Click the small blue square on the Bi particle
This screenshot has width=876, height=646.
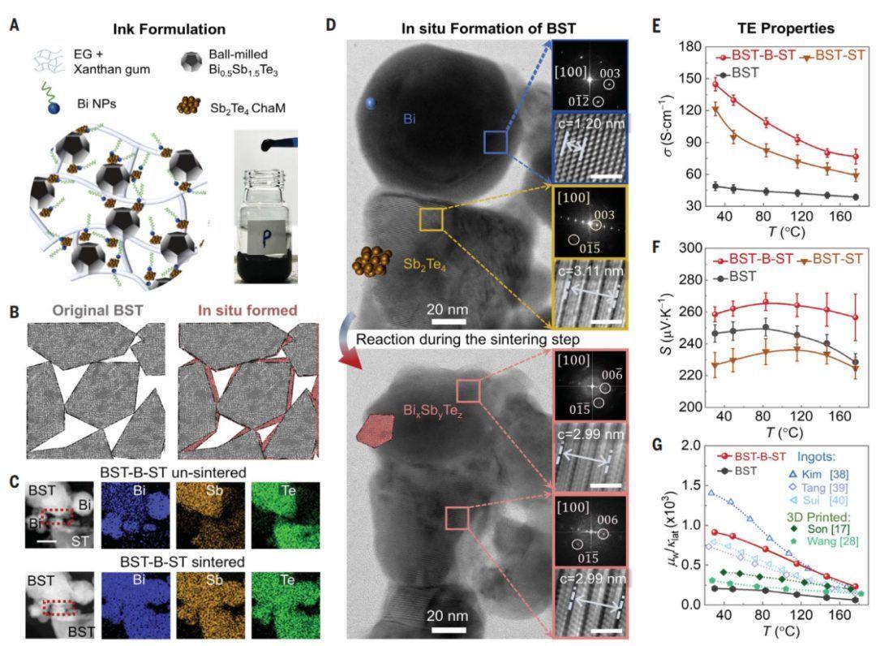(x=495, y=144)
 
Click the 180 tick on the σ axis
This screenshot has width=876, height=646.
(x=689, y=48)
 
